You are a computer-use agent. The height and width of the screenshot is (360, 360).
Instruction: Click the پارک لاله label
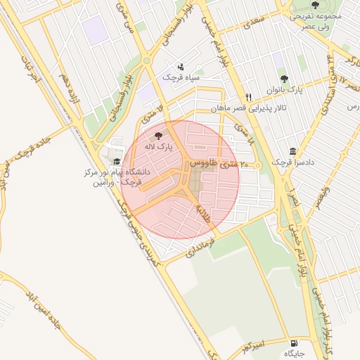(159, 146)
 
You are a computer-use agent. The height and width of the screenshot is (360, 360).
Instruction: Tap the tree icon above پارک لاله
(159, 134)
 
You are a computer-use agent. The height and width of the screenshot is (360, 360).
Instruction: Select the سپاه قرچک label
(181, 77)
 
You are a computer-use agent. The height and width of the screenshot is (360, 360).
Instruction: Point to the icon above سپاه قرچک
(181, 65)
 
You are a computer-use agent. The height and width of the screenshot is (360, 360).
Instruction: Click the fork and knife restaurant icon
(248, 98)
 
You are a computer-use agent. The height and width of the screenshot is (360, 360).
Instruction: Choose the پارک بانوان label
(285, 91)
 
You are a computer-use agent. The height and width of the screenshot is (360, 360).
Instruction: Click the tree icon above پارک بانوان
(284, 79)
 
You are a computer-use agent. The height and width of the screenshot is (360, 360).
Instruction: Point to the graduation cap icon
(116, 162)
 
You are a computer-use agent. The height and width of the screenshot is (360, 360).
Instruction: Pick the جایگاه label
(294, 354)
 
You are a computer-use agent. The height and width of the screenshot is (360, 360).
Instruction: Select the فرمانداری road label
(202, 249)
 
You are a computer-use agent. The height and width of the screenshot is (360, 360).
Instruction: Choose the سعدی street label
(252, 22)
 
